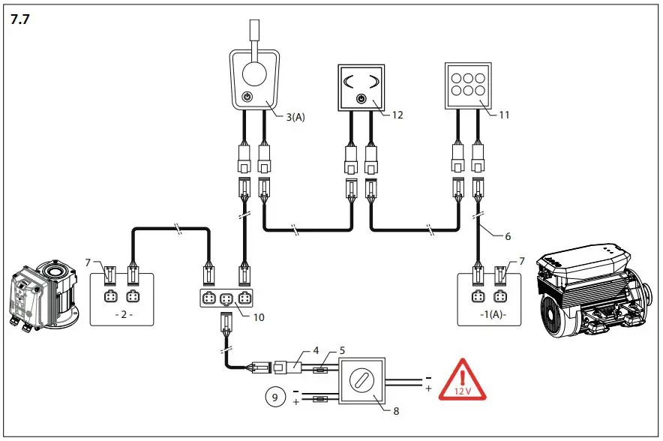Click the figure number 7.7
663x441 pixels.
click(x=20, y=20)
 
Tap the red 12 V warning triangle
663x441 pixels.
click(x=463, y=379)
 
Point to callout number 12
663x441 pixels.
click(x=397, y=115)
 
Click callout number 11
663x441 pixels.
click(x=504, y=115)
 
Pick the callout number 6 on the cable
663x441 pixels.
click(x=508, y=235)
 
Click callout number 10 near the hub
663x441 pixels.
click(x=258, y=317)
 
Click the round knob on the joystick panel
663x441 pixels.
click(x=253, y=77)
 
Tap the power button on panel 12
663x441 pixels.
click(x=361, y=99)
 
